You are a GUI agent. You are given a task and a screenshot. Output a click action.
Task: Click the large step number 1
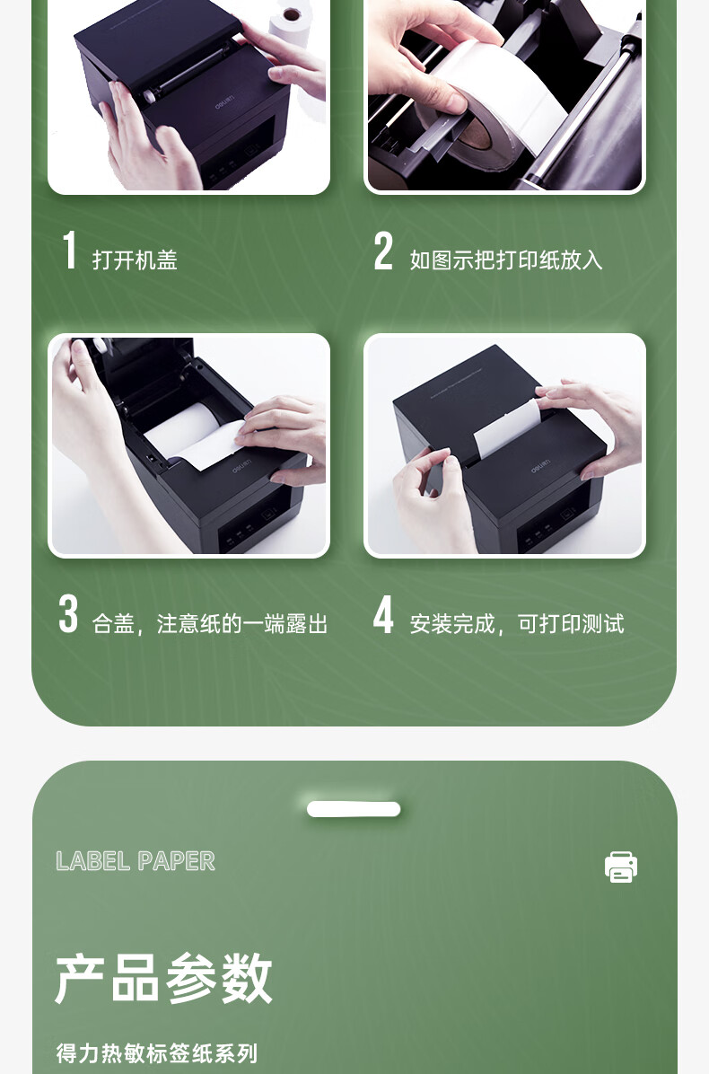[x=69, y=250]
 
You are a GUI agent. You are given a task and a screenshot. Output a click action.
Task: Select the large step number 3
[x=68, y=613]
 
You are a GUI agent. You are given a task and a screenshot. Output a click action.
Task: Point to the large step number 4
[x=383, y=613]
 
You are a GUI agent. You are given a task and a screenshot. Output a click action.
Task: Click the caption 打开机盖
[x=135, y=260]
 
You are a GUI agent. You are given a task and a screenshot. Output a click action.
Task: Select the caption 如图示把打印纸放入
[x=506, y=260]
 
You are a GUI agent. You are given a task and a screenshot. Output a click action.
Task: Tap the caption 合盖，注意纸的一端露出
[x=210, y=624]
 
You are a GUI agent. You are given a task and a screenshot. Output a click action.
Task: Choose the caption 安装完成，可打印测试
[x=517, y=624]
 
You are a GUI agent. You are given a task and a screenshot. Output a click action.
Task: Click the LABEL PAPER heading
[x=136, y=861]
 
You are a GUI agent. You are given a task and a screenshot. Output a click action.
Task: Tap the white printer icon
[x=621, y=867]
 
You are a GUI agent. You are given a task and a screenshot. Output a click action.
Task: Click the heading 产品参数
[x=163, y=978]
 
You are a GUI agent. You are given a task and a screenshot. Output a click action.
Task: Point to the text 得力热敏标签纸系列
[x=157, y=1052]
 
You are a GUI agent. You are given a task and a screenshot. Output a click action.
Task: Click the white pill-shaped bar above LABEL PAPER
[x=354, y=809]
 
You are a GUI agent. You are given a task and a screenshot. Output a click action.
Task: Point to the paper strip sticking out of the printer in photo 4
[x=507, y=427]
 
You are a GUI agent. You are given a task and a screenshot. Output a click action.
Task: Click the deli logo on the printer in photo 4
[x=540, y=466]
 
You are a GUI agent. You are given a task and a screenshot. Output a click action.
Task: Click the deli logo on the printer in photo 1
[x=224, y=103]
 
